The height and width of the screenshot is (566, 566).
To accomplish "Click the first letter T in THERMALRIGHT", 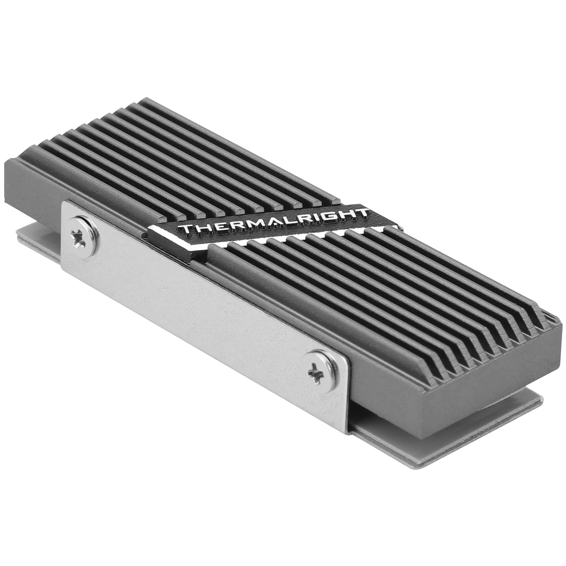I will (187, 229).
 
